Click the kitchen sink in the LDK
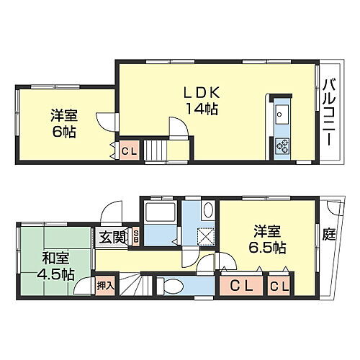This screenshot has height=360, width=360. pyautogui.click(x=281, y=114)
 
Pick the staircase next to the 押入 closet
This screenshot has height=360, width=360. pyautogui.click(x=131, y=285)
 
